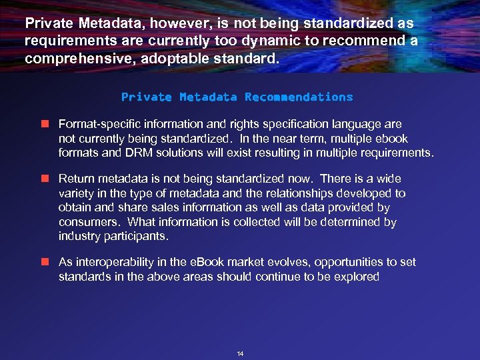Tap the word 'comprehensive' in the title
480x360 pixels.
pyautogui.click(x=73, y=58)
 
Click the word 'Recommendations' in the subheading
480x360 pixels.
pyautogui.click(x=299, y=97)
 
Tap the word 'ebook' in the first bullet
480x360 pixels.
pyautogui.click(x=391, y=139)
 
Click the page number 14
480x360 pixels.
pyautogui.click(x=240, y=353)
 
